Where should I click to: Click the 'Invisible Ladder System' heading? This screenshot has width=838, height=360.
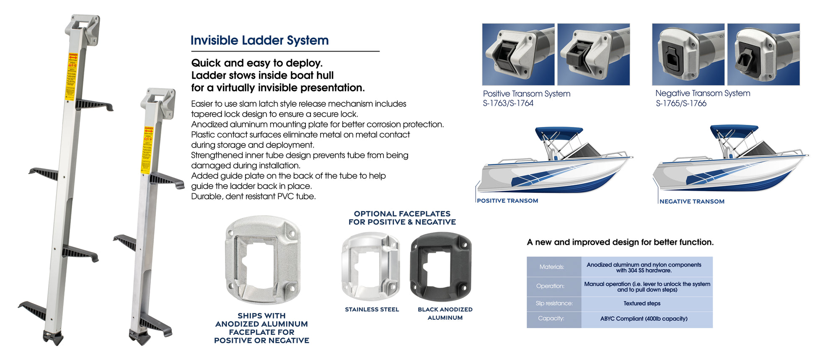point(259,40)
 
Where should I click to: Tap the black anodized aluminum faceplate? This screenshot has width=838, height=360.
point(441,267)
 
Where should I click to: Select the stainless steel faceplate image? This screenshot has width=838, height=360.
point(370,267)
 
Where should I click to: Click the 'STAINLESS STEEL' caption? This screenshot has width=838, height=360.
point(372,309)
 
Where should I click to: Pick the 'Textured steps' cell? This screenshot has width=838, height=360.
point(641,303)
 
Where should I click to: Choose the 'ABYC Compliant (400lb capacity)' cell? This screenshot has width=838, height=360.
point(644,319)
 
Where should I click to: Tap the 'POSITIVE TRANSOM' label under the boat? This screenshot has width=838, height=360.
point(507,201)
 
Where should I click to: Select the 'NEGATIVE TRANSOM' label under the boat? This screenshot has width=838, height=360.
point(692,202)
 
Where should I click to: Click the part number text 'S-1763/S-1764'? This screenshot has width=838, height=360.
point(508,104)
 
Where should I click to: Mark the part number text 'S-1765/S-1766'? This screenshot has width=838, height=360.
point(681,104)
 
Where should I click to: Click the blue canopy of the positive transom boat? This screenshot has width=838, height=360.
point(559,131)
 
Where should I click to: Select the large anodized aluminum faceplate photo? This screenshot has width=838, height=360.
point(263,260)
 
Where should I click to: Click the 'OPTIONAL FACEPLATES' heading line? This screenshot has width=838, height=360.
point(402,214)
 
